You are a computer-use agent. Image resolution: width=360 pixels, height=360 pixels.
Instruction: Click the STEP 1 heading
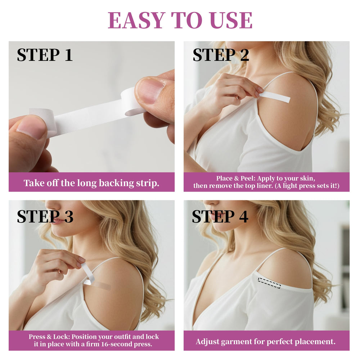pos(45,55)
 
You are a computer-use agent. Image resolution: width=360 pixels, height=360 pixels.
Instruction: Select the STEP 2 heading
pos(221,55)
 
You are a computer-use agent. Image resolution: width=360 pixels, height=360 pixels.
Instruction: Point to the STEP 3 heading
pos(45,216)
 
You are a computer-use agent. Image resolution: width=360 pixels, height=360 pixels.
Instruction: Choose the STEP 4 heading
pos(220,216)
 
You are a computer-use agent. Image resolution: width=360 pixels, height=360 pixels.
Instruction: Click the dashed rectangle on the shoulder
pos(269,283)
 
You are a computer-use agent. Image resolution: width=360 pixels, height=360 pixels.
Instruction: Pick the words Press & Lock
pos(49,337)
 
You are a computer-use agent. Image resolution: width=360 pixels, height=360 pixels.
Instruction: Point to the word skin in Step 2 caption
pos(308,179)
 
